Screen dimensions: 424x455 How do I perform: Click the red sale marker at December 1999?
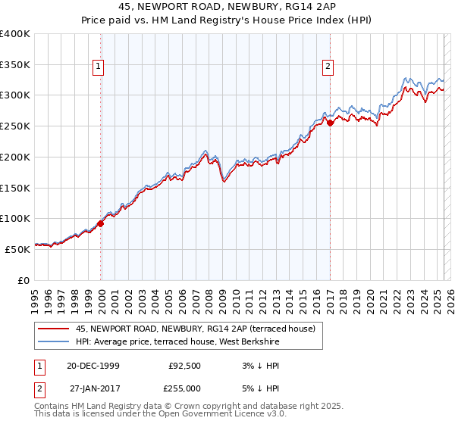[101, 223]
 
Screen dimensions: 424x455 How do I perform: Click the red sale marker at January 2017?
[330, 123]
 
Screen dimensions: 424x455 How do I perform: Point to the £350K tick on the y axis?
[16, 65]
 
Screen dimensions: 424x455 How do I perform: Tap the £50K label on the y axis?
[18, 249]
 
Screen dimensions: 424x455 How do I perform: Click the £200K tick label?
[16, 157]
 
